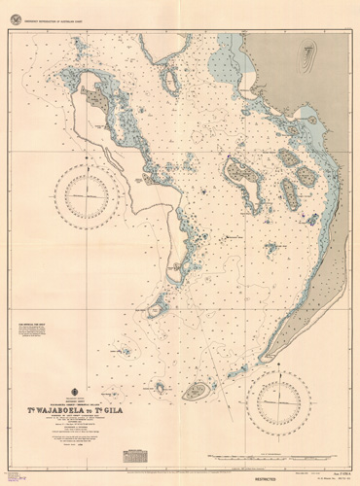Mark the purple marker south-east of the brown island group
tap(304, 216)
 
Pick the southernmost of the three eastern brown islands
tap(291, 195)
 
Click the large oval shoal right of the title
tap(197, 391)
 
